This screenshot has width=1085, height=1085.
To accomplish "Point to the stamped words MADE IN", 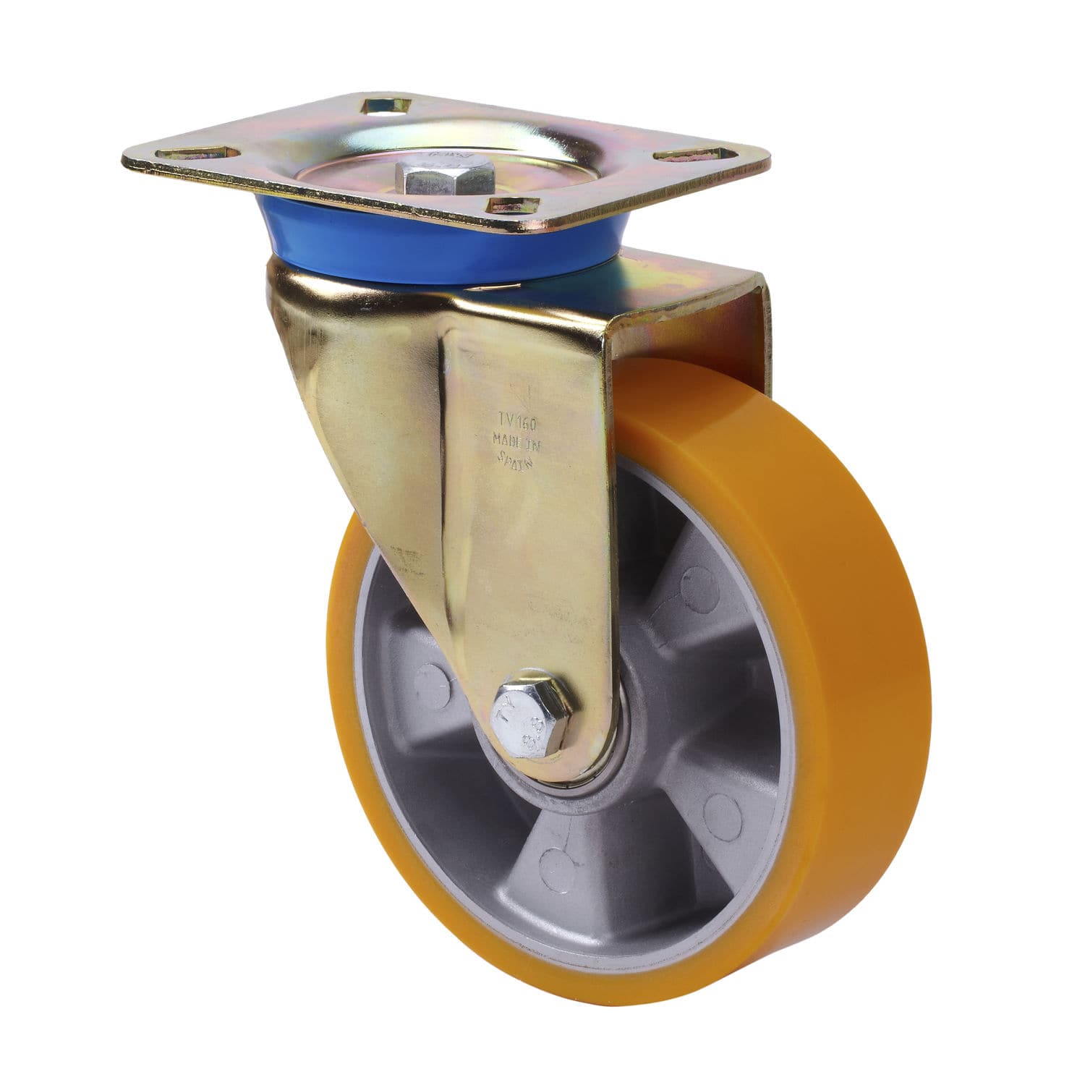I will tap(516, 439).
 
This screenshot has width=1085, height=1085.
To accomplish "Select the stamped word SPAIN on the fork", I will tap(514, 459).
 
